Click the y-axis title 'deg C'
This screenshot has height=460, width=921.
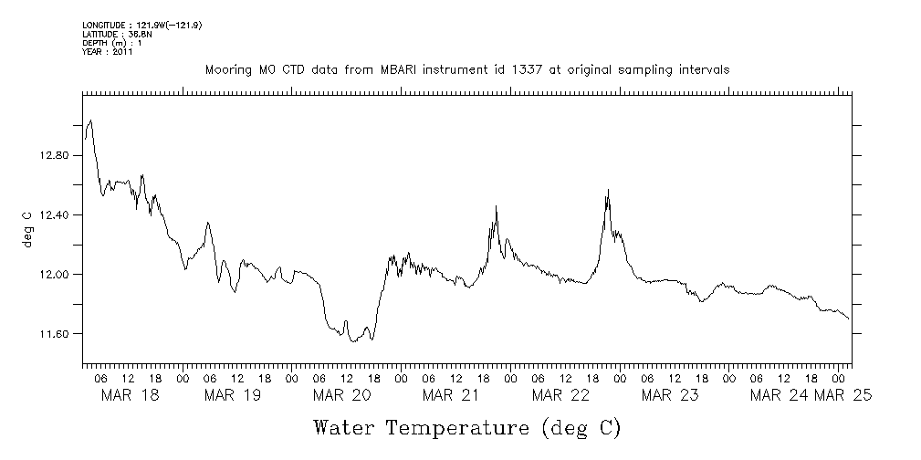pyautogui.click(x=27, y=228)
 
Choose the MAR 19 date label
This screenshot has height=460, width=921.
pyautogui.click(x=233, y=394)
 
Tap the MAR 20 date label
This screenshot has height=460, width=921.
pyautogui.click(x=342, y=394)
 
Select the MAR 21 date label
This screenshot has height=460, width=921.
pyautogui.click(x=451, y=394)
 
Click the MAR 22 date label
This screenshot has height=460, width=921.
pyautogui.click(x=560, y=394)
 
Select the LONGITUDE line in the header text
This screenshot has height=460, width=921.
pyautogui.click(x=141, y=25)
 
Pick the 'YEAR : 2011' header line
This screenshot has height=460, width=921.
pyautogui.click(x=108, y=52)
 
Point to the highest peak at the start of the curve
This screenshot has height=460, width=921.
pyautogui.click(x=90, y=120)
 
